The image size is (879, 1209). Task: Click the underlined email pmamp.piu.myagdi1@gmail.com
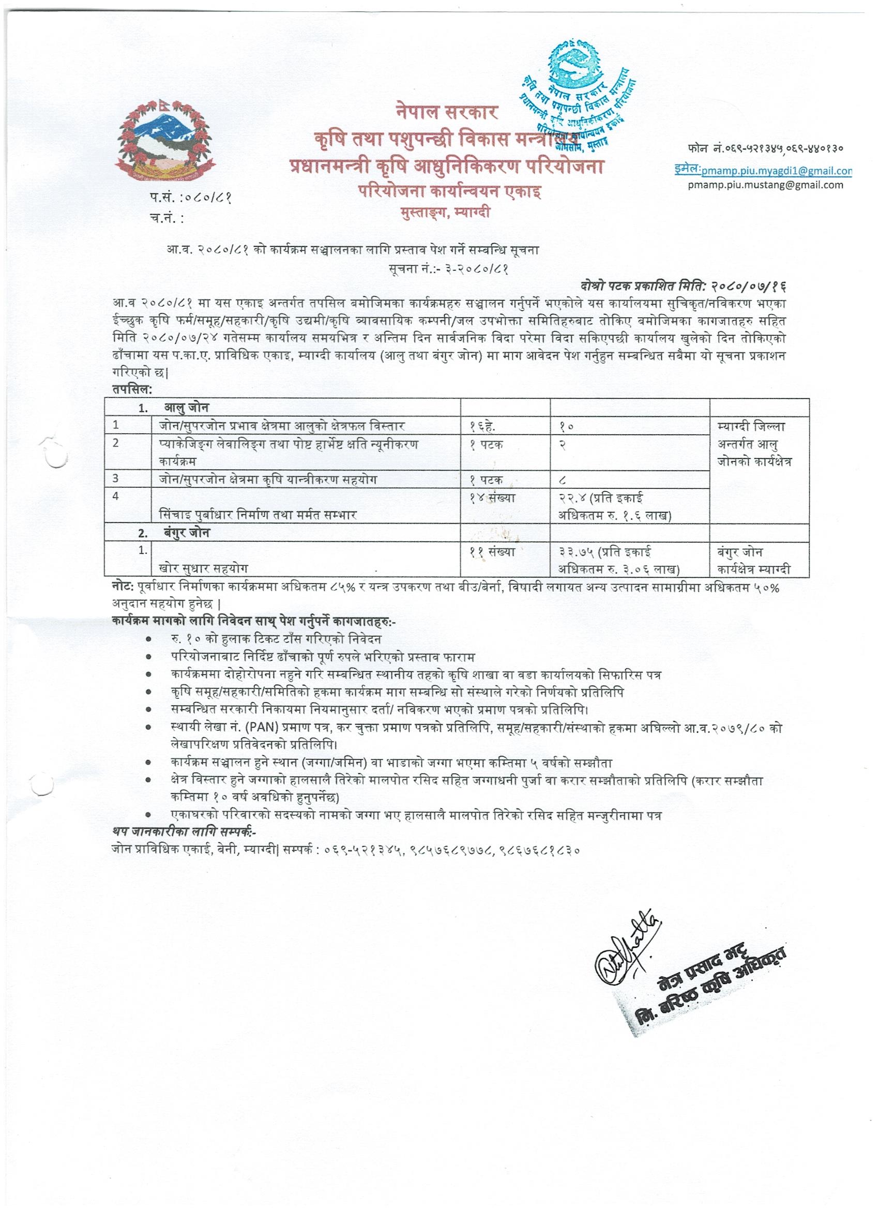click(776, 171)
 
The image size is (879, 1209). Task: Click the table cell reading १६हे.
click(482, 426)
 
